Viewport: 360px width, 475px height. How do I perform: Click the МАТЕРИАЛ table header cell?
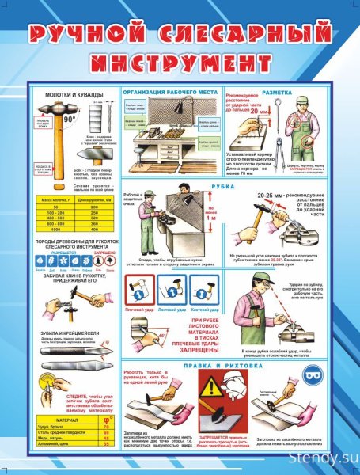pyautogui.click(x=59, y=420)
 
